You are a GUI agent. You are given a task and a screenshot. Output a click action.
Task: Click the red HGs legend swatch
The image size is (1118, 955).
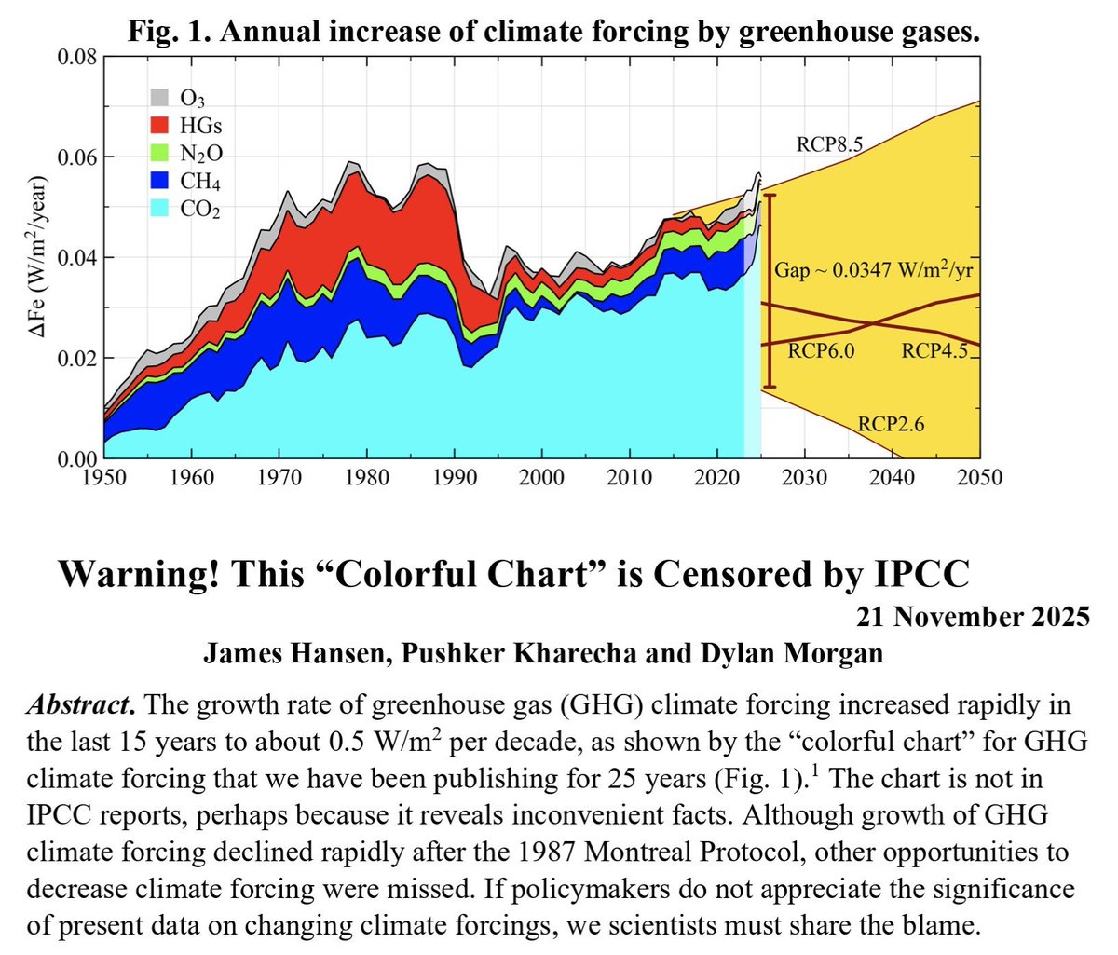click(x=159, y=125)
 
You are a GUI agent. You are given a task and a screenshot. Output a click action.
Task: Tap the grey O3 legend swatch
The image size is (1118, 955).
click(x=159, y=97)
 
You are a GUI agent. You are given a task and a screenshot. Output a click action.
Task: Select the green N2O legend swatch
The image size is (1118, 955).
click(x=159, y=153)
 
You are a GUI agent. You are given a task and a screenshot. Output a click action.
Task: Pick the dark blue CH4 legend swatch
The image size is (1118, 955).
click(x=159, y=181)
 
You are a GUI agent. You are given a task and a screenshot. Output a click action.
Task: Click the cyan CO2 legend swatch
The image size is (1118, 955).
click(x=159, y=208)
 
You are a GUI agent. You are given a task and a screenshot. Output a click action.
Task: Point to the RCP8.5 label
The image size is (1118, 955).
click(x=829, y=144)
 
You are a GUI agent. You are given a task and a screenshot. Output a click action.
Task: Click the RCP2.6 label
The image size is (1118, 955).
click(x=891, y=423)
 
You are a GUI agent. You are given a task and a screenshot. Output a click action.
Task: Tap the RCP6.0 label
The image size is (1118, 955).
click(x=821, y=350)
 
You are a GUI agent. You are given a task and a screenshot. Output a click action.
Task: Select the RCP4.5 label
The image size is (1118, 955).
click(x=934, y=350)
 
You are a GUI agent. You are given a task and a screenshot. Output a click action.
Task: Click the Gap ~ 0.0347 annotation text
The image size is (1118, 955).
click(x=874, y=268)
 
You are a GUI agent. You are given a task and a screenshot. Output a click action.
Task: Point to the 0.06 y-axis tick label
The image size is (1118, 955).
click(x=76, y=157)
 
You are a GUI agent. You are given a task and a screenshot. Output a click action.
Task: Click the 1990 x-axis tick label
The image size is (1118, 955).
click(x=455, y=477)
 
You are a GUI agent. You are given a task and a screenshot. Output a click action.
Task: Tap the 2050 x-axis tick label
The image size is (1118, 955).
click(x=979, y=477)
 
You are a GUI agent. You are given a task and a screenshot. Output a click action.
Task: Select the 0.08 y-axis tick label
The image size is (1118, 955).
click(x=76, y=57)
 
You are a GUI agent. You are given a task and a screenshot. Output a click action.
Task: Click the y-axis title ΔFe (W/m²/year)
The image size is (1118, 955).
click(x=38, y=257)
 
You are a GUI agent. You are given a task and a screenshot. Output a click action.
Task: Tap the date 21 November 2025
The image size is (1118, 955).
click(x=973, y=617)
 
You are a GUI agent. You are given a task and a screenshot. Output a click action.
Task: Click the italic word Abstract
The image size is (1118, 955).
click(x=81, y=705)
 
